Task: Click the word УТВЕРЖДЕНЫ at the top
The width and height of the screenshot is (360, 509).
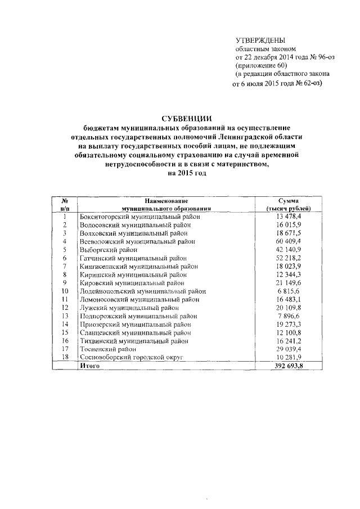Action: click(260, 40)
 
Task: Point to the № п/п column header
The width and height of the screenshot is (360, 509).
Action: click(65, 204)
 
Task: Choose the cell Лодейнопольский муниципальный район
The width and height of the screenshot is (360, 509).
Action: click(143, 291)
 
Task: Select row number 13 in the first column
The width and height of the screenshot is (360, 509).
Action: click(65, 316)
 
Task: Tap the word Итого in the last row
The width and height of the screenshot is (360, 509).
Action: click(90, 366)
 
